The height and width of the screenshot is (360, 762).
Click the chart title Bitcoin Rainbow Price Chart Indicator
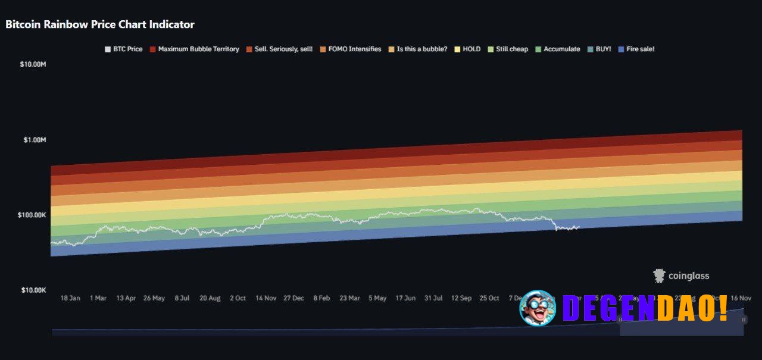pos(100,24)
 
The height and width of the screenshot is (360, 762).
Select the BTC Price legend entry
pos(124,49)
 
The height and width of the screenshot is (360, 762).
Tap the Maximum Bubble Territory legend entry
pos(194,49)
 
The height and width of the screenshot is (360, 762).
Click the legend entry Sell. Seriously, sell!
pos(279,49)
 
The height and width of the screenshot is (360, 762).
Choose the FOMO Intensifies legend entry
pos(351,49)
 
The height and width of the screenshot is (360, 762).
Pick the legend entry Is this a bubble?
pos(417,49)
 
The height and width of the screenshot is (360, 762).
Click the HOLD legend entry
pos(467,49)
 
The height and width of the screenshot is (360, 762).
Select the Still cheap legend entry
pos(508,49)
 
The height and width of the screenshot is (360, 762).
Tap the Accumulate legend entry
pos(558,49)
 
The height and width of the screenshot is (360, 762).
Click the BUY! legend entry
pos(599,49)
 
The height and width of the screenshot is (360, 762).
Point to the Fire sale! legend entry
pos(636,49)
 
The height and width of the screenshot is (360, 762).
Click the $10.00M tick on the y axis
pos(33,64)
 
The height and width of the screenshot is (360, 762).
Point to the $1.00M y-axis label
pos(35,139)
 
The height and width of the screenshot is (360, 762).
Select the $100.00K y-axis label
pos(32,215)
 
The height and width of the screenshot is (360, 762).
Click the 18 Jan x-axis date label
pos(70,298)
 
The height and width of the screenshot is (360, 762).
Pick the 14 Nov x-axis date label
pos(266,298)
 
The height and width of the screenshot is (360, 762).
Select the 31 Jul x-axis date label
pos(433,298)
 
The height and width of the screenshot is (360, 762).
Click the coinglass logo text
pos(688,276)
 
